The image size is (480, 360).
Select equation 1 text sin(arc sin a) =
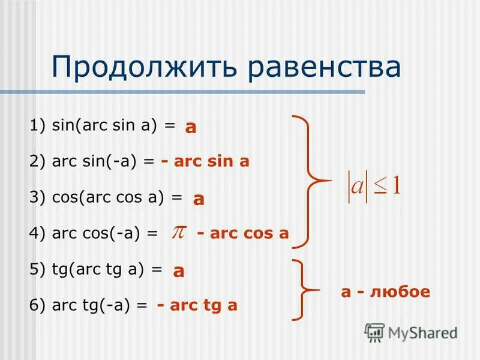102,125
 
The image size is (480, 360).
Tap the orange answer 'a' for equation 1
191,127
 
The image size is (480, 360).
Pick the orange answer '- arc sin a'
205,161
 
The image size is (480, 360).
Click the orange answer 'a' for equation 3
199,199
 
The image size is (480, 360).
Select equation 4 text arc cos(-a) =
94,233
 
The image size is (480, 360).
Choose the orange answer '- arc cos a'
242,233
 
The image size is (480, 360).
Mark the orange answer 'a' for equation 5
178,271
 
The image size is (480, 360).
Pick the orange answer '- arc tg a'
197,305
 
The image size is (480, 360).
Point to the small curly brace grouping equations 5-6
306,290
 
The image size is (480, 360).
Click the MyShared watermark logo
412,332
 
